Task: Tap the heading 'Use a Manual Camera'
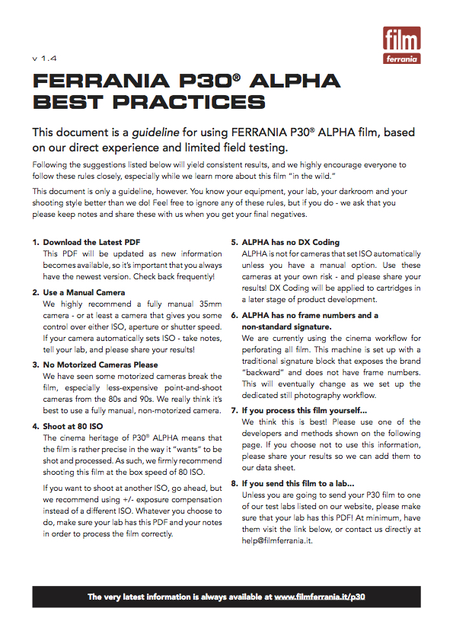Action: (x=84, y=292)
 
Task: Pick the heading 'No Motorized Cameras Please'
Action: (x=100, y=365)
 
